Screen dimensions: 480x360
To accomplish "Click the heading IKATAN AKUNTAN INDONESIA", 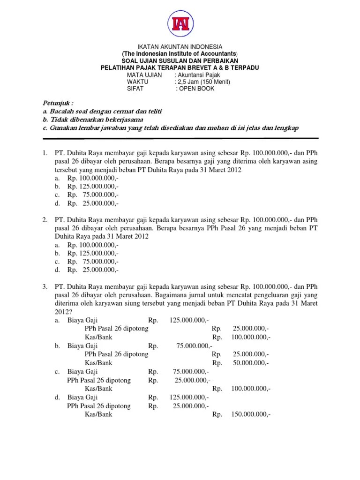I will [x=180, y=47].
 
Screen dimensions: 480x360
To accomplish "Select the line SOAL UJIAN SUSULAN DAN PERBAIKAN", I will [x=180, y=61].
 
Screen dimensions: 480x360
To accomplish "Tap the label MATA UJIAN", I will [x=144, y=75].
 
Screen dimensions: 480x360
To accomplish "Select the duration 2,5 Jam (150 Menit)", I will [x=204, y=82].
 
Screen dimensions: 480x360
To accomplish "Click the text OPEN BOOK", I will [x=196, y=89].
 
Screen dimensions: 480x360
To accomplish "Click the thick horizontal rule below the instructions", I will [x=180, y=138].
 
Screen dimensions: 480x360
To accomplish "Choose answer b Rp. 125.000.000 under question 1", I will [x=93, y=187].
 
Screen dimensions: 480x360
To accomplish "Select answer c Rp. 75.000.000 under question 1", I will [x=93, y=195].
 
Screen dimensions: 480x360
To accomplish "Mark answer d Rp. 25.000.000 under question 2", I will [x=93, y=270].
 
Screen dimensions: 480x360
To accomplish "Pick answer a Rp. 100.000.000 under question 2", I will [x=93, y=245].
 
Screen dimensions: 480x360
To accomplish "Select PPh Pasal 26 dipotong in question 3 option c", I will [x=99, y=380].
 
